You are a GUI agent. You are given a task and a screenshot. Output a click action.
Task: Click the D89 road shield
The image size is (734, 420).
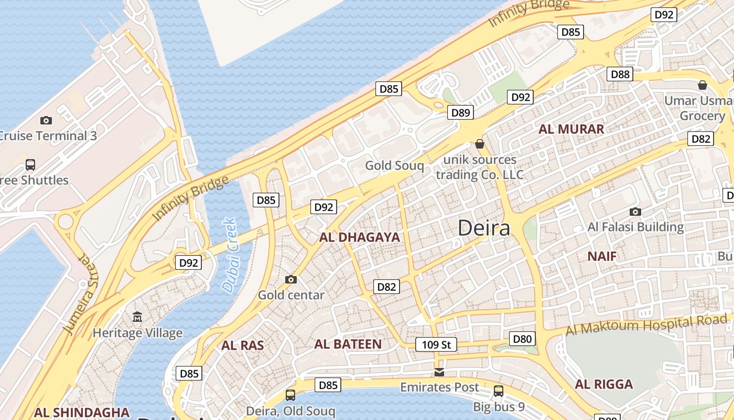[460, 112]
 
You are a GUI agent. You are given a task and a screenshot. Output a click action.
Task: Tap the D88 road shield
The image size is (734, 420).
[620, 74]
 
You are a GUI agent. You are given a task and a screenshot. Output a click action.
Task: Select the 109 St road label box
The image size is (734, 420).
[436, 345]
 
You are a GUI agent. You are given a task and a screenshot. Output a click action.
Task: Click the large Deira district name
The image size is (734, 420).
[483, 228]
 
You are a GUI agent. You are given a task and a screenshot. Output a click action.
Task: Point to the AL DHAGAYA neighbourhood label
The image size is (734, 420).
[360, 237]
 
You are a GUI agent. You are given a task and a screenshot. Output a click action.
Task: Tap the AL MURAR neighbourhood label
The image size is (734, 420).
[571, 129]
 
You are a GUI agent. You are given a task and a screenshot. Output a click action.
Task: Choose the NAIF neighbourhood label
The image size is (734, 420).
[601, 256]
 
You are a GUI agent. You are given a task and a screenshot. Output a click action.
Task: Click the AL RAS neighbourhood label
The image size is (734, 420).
[242, 345]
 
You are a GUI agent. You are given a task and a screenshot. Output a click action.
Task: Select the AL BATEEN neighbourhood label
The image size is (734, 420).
[348, 344]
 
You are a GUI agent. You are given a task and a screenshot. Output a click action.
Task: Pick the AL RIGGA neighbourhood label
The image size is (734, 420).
[603, 384]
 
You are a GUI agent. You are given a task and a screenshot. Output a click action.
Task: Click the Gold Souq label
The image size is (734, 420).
[394, 166]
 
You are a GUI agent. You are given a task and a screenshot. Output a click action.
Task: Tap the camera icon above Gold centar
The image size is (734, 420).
[290, 279]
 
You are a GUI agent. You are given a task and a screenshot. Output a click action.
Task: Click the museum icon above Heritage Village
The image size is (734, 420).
[137, 317]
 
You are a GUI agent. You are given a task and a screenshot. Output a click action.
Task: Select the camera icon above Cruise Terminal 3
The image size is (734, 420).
[46, 120]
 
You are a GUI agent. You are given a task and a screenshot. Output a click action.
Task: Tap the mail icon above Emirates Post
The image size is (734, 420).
[439, 372]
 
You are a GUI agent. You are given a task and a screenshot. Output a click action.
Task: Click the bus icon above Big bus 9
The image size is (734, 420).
[498, 391]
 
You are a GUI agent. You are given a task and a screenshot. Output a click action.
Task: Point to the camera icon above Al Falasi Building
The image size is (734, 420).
[635, 212]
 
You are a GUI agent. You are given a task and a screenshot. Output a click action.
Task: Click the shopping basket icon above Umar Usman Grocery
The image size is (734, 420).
[702, 85]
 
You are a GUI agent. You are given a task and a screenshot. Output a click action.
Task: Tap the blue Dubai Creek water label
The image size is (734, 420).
[230, 255]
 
